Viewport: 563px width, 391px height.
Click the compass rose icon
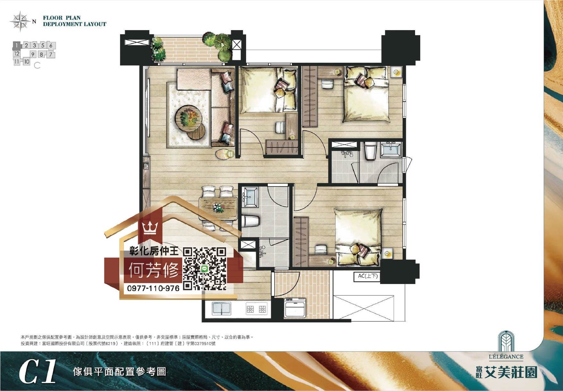coord(20,21)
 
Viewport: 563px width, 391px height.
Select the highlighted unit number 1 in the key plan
coord(17,46)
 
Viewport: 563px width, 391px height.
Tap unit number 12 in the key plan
coord(17,54)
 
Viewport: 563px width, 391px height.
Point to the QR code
coord(205,269)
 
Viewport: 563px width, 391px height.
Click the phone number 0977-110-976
coord(153,288)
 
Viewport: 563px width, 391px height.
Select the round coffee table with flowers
coord(188,118)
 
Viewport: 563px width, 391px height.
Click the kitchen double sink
coord(221,309)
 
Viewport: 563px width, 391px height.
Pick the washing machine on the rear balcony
coord(295,308)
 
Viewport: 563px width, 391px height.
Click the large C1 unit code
coord(38,372)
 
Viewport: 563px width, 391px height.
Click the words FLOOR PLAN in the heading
coord(62,18)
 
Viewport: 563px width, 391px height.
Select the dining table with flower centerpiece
coord(218,208)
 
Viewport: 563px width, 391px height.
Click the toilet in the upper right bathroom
coord(370,152)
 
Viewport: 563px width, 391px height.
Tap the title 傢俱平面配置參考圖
coord(119,372)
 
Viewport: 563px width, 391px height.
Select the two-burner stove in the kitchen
coord(256,309)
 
